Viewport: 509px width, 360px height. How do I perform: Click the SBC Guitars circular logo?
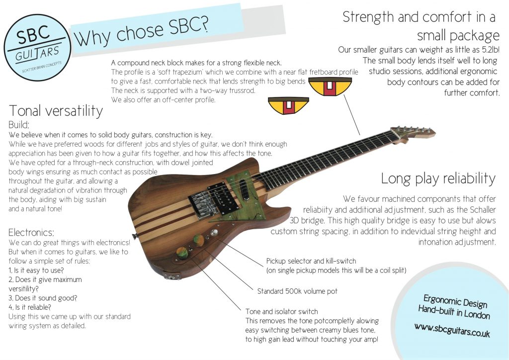coord(37,48)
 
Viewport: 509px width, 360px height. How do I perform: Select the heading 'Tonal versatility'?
coord(56,110)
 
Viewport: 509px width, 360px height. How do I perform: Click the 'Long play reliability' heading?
coord(438,178)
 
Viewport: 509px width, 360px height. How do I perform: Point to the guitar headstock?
coord(412,133)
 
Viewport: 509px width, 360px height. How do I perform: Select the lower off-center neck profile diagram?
coord(288,106)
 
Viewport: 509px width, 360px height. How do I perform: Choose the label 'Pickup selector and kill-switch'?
coord(311,261)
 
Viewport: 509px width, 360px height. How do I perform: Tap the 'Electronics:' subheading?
coord(31,232)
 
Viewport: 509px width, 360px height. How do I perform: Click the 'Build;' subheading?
coord(19,125)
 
